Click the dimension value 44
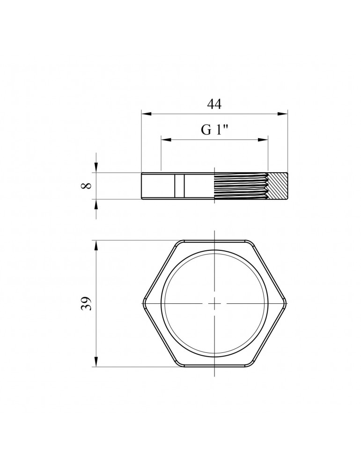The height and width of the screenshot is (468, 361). pos(214,104)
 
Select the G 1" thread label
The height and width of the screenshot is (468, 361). pos(215,130)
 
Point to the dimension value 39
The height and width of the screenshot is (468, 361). pos(86,304)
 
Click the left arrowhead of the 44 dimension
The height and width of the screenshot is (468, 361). pos(146,114)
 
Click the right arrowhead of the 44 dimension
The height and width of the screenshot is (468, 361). pos(282,114)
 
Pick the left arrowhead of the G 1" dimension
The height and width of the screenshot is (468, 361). pos(166,139)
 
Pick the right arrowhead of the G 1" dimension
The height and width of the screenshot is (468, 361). pos(263,139)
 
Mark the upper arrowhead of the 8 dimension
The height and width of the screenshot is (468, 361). pos(96,168)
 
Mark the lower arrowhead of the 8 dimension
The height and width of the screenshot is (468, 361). pos(96,204)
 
